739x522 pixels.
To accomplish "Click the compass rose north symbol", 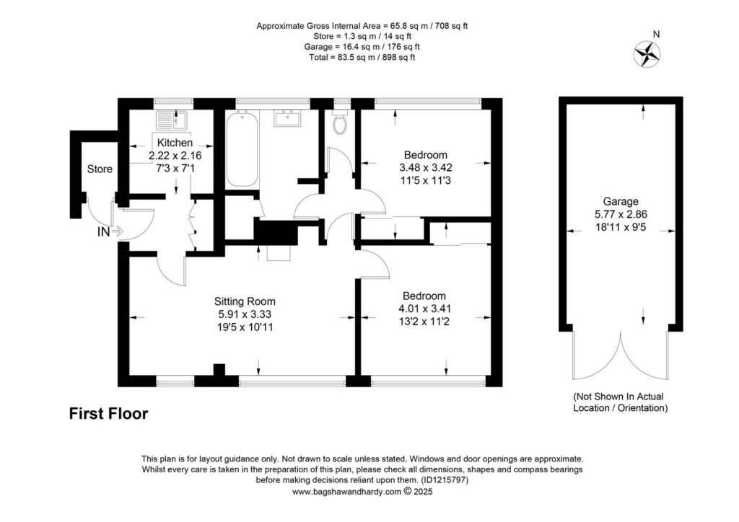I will (647, 53).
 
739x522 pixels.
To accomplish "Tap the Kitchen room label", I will (175, 143).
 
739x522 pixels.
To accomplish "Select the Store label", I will (100, 169).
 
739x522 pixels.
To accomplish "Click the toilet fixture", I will (340, 124).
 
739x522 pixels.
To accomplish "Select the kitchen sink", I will (171, 120).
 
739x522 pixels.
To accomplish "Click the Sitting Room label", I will (245, 301).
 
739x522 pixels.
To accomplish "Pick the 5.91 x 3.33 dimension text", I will (245, 314).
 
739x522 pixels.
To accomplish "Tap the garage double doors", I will (620, 357).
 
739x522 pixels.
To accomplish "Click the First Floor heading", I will (108, 414).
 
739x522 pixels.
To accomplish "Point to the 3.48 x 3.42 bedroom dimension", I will (425, 167).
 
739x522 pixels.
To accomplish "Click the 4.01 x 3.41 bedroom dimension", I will (424, 309).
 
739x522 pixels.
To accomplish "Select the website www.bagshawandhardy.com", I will (346, 492).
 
